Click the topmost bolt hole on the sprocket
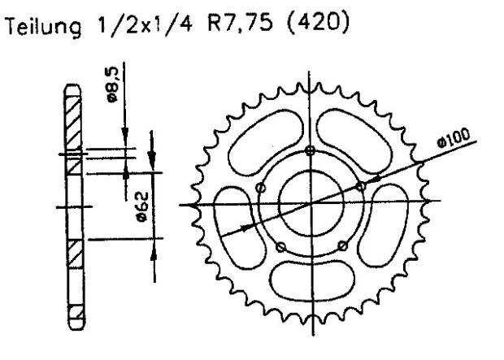[309, 150]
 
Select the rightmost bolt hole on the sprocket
[361, 186]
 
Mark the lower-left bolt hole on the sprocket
[279, 246]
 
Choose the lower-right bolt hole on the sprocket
[341, 245]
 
